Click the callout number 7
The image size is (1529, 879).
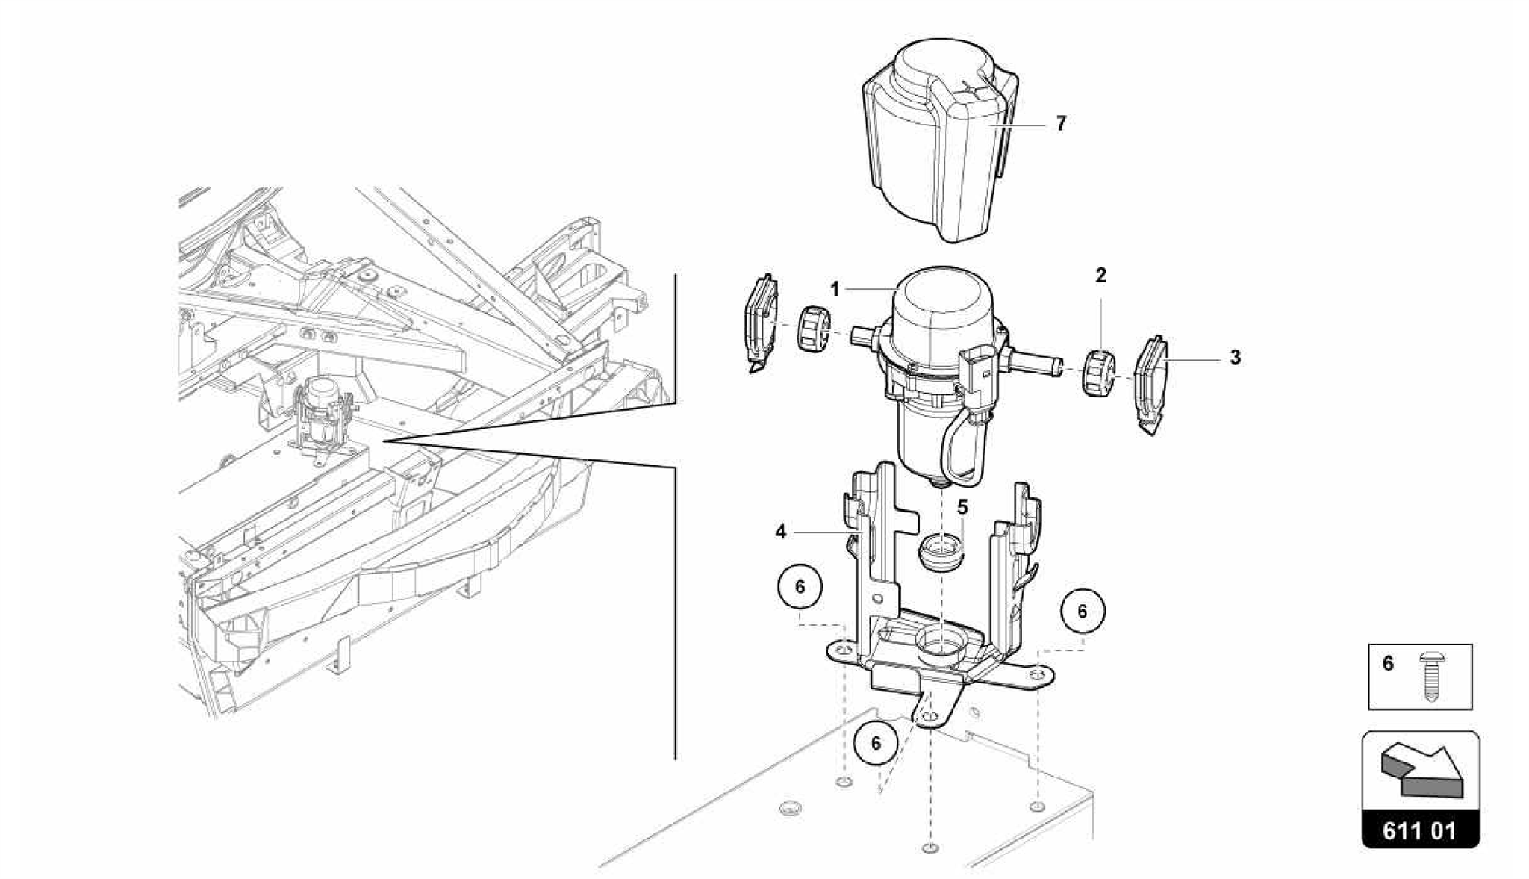click(x=1061, y=123)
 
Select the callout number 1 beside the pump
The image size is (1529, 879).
click(x=835, y=289)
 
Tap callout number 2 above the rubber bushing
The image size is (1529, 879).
click(x=1100, y=276)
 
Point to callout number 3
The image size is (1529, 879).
click(x=1235, y=358)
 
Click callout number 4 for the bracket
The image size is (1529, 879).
click(x=781, y=532)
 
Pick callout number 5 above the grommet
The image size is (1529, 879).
click(x=962, y=508)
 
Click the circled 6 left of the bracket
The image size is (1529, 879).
click(x=800, y=587)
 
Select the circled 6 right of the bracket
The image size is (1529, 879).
click(x=1082, y=612)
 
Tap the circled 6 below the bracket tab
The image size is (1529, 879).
click(x=876, y=743)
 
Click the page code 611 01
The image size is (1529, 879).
click(x=1420, y=830)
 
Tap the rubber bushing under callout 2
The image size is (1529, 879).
click(x=1097, y=373)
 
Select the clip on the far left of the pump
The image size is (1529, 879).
click(x=761, y=322)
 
